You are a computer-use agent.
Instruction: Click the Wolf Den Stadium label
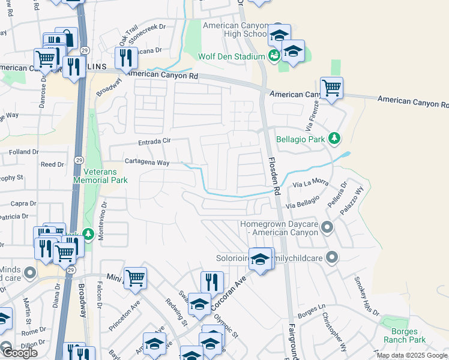pos(231,56)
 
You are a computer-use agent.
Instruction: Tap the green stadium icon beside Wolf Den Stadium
pos(274,56)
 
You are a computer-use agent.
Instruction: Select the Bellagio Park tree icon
pos(335,139)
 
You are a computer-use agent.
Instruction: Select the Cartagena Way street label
pos(147,162)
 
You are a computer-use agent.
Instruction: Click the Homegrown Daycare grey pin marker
pos(327,227)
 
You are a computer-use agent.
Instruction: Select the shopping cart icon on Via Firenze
pos(331,88)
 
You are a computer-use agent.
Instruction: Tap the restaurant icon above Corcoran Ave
pos(211,281)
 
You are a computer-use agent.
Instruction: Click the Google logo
pos(20,353)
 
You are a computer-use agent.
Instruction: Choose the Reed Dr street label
pos(52,164)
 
